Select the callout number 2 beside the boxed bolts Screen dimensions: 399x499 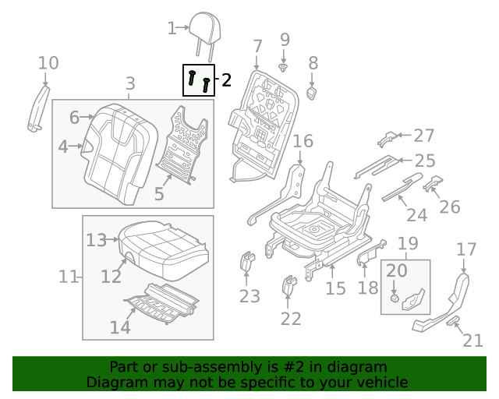226,79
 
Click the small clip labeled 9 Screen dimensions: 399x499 284,68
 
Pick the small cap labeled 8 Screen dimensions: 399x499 312,93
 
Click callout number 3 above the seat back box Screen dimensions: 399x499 130,83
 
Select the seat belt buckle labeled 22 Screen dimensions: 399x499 289,285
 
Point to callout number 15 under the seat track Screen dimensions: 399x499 334,290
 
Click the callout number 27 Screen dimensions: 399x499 423,136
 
